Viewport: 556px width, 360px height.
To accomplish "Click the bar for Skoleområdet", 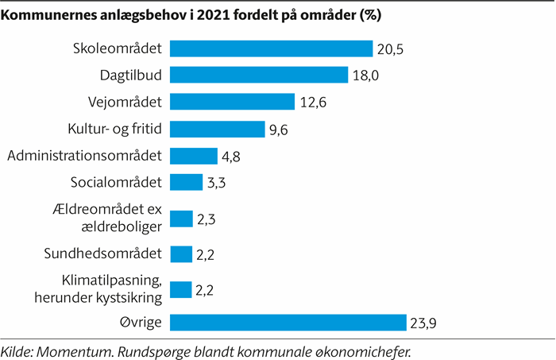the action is click(272, 48).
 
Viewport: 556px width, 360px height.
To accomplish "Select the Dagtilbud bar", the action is click(259, 75).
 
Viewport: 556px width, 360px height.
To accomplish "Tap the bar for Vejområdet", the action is click(232, 102).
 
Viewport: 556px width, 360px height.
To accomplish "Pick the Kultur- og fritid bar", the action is click(218, 129).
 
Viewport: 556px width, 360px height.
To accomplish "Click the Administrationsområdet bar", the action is click(194, 156).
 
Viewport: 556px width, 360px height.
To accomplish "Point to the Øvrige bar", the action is click(288, 323).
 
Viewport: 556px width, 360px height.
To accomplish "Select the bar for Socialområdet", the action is click(186, 182).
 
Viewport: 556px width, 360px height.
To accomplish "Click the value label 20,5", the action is click(390, 49).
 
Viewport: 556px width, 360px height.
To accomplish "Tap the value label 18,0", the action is click(365, 75).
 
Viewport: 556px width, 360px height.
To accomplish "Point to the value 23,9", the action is click(423, 323).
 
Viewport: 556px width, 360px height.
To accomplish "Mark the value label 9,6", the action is click(278, 130).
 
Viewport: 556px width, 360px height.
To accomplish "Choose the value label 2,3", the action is click(207, 219).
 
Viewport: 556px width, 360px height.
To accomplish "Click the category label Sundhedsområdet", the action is click(102, 254).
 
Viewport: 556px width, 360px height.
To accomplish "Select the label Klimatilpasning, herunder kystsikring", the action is click(98, 289).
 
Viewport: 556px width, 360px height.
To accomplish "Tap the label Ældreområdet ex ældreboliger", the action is click(107, 218).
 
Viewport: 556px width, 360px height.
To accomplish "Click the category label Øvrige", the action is click(141, 322).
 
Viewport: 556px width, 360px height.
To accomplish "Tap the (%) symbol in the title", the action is click(371, 15).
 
